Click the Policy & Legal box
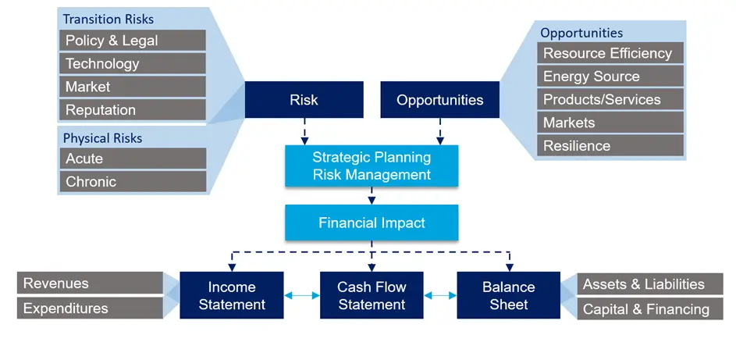[132, 41]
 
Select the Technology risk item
[132, 63]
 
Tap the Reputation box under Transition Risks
[132, 109]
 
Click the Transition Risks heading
[108, 19]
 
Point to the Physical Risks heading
[102, 138]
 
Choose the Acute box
[132, 159]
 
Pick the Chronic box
[132, 181]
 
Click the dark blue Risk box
[304, 100]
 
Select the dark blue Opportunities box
[439, 100]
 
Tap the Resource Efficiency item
[610, 53]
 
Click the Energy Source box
[610, 77]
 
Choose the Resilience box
[610, 145]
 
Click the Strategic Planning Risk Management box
[372, 166]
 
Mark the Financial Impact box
[372, 223]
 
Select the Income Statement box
[232, 295]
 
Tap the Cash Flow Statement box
[372, 295]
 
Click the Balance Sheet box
[508, 295]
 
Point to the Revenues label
[90, 283]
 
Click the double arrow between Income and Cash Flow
[302, 295]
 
